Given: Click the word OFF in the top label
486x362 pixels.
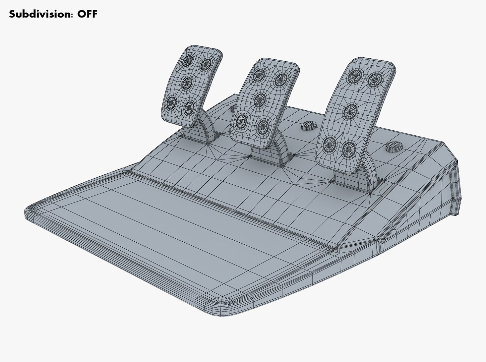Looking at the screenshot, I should (x=87, y=14).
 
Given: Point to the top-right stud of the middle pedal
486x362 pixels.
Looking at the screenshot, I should (x=281, y=79).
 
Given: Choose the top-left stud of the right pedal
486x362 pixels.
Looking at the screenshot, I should (x=354, y=77).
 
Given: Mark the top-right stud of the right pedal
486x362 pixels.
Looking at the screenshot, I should (x=374, y=80).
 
